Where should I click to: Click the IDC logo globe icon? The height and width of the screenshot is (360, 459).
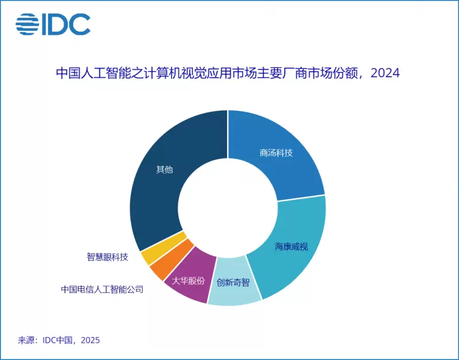[x=28, y=24]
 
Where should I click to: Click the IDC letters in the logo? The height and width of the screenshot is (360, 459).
[x=65, y=24]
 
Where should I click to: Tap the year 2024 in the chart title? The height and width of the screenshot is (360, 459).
[x=385, y=73]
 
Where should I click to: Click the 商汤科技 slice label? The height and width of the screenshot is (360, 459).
[x=275, y=153]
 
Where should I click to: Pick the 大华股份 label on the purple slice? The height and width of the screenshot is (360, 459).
[x=188, y=281]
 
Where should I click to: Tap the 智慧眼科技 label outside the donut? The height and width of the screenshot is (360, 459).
[x=107, y=256]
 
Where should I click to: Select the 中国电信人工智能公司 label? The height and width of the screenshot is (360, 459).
[x=102, y=289]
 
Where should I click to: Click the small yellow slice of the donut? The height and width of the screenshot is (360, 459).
[x=150, y=253]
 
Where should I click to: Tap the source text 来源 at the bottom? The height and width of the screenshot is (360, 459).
[x=25, y=340]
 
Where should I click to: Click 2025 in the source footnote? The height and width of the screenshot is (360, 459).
[x=90, y=340]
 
